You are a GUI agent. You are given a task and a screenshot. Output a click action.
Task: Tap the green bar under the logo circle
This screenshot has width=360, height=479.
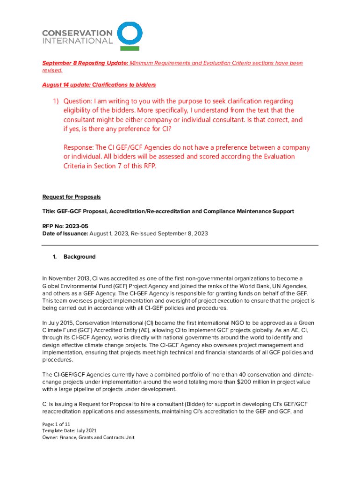tap(129, 48)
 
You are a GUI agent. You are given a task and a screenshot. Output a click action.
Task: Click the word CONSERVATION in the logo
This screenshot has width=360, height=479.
tap(77, 33)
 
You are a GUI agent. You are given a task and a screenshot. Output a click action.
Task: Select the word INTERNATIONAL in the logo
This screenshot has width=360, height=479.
tap(77, 41)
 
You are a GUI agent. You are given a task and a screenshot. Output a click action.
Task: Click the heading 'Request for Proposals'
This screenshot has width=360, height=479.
tap(72, 197)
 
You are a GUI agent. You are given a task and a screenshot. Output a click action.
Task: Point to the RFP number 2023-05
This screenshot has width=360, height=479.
tap(75, 226)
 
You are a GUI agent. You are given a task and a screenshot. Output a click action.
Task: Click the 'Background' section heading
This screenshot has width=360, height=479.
tap(79, 257)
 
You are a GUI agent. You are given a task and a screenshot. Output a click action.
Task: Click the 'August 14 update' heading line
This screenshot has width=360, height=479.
tap(99, 85)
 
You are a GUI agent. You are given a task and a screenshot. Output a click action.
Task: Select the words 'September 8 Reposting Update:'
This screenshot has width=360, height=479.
tap(85, 63)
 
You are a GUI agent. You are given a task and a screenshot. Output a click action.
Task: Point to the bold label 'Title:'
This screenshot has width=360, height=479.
tap(49, 211)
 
